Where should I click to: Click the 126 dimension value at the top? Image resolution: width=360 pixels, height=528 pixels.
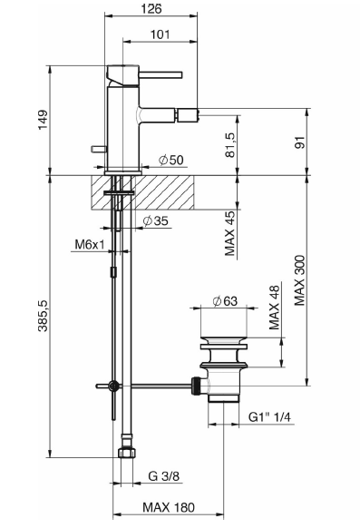point(151,8)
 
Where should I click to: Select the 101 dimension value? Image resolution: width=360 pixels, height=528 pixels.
point(160,34)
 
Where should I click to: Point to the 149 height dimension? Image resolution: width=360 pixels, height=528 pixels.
point(43,120)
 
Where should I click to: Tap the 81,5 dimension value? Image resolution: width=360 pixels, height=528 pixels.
point(231,145)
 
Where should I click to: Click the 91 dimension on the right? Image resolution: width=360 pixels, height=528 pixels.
point(299,142)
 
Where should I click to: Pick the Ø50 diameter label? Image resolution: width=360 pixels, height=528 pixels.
point(171,160)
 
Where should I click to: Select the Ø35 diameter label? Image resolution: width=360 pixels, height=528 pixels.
point(155,220)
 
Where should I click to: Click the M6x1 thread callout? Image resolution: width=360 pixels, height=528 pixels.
point(90,244)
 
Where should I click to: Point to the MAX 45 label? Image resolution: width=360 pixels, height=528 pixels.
point(230,233)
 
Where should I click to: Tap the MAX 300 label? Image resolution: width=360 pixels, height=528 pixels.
point(299,280)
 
